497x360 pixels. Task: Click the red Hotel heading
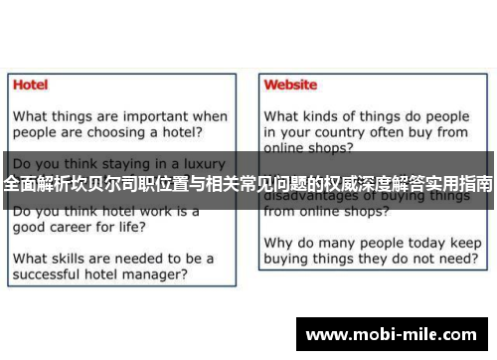point(30,85)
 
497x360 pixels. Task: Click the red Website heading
point(290,85)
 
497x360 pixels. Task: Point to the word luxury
point(200,162)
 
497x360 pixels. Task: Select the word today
point(428,242)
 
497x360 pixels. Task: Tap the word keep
point(465,242)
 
